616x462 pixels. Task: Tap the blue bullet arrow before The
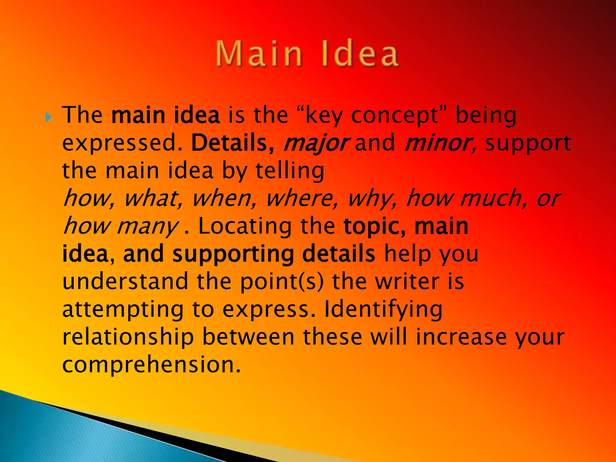pyautogui.click(x=48, y=117)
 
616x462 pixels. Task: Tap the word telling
pyautogui.click(x=290, y=171)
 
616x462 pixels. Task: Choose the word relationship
pyautogui.click(x=128, y=337)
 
